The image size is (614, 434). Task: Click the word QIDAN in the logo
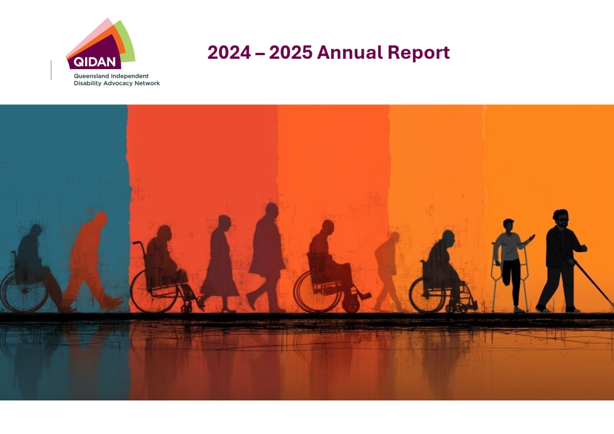tap(94, 62)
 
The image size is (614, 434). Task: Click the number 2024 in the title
tap(229, 53)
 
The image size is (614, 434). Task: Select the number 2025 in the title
tap(291, 53)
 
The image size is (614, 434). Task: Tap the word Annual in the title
tap(350, 53)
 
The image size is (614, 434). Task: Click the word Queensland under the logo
tap(92, 76)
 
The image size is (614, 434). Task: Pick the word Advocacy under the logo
tap(118, 83)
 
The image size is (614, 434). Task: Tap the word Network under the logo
tap(147, 83)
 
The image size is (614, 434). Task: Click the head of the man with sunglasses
tap(561, 218)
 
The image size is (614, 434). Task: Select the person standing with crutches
tap(511, 265)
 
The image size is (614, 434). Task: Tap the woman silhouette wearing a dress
tap(220, 263)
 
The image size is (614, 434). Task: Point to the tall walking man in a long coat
tap(267, 257)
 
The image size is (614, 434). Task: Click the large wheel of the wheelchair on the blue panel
tap(24, 292)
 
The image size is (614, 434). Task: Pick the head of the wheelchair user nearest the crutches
tap(448, 237)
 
